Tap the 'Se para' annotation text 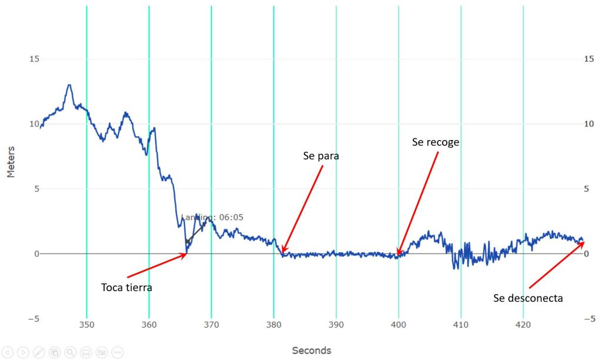coord(321,156)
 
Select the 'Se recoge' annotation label coord(436,142)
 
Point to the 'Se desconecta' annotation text coord(528,298)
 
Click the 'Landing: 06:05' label coord(212,217)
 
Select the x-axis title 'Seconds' coord(312,351)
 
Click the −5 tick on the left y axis coord(34,319)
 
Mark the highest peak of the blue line coord(69,85)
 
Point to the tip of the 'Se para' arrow coord(282,252)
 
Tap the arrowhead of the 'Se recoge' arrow coord(397,256)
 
